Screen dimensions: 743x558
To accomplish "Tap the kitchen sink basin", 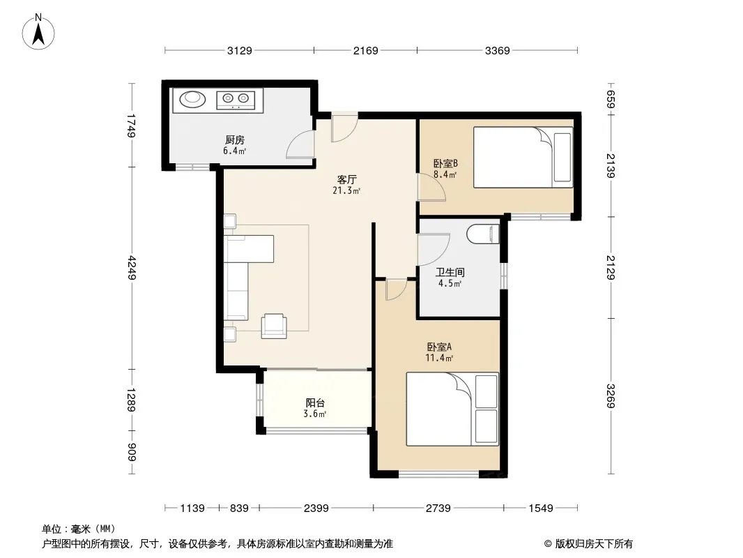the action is point(193,99).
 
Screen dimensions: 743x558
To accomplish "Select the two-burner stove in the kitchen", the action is point(236,99).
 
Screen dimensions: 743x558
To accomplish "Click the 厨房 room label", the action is point(235,140).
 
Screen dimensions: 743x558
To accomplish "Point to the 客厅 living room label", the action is point(347,180).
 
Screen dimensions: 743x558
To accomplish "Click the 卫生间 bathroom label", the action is point(450,273).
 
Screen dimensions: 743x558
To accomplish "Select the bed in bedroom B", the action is point(523,157).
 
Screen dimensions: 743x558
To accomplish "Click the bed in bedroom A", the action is point(452,409).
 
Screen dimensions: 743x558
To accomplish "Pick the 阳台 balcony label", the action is point(315,403).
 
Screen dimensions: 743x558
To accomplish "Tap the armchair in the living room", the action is point(274,326).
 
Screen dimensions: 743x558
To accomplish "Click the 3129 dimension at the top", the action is point(239,50).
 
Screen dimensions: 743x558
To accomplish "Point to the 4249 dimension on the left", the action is point(132,268).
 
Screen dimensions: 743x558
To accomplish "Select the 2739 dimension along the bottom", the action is point(438,508).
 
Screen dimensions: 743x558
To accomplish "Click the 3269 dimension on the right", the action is point(611,396).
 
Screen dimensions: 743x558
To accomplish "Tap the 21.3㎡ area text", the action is point(346,191).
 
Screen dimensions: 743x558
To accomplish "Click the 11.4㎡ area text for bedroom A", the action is point(439,358).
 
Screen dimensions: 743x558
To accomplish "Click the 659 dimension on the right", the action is point(611,100).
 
